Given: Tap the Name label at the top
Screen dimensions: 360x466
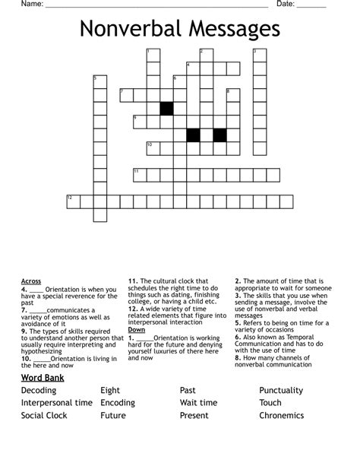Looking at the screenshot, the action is (30, 5).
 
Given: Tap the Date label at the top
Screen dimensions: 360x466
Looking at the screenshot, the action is (285, 5).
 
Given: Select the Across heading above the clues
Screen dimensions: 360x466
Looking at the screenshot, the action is (31, 281).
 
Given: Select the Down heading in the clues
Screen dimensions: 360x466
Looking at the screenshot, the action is (136, 330).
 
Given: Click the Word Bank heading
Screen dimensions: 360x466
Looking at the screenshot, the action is (43, 378).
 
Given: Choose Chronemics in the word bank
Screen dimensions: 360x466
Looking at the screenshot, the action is (281, 416).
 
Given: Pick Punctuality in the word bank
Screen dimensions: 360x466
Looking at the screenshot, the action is (281, 391).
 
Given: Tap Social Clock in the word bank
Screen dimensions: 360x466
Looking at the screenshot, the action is (44, 416).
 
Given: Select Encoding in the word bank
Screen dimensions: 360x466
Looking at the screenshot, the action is (118, 403).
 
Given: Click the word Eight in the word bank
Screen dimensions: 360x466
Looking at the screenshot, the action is (110, 391).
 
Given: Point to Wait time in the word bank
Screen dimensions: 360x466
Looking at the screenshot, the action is (198, 403).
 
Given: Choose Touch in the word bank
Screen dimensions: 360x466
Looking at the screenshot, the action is (270, 403).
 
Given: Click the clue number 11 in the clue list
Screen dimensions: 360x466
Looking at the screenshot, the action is (132, 281).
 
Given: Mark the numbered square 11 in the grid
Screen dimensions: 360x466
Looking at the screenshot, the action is (140, 175).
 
